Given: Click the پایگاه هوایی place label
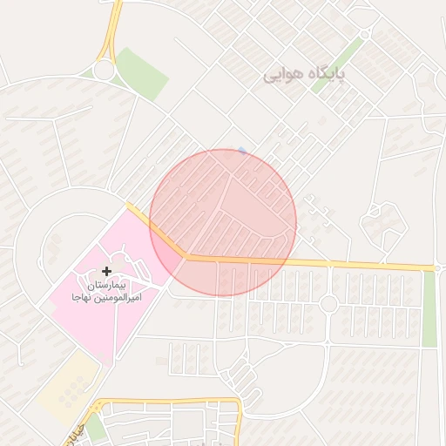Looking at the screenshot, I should pos(305,76).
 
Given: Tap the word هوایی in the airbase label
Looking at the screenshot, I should pos(287,76).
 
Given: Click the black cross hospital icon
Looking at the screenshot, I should pos(107,272).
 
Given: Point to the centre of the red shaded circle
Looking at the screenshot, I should pos(223,222).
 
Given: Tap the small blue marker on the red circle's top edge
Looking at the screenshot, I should pos(242,151).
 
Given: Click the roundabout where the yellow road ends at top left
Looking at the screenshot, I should pos(103,70).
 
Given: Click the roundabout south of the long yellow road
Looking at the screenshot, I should pos(328,303).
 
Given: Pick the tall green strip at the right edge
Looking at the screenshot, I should pos(429,309).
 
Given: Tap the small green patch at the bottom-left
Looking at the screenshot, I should pos(95,428).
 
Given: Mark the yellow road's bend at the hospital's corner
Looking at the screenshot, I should pos(184,256).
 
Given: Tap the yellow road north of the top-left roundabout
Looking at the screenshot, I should pos(113,26).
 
